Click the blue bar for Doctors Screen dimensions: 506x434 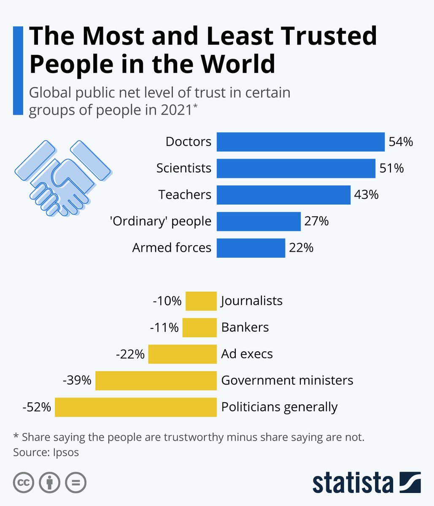(x=300, y=142)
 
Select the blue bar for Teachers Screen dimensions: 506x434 (x=283, y=195)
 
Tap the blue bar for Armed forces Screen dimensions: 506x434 (x=251, y=248)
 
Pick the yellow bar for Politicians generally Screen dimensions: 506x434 (x=135, y=407)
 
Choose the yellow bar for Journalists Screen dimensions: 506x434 (x=201, y=301)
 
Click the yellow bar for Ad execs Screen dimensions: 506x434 (x=182, y=354)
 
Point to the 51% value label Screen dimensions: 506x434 (x=391, y=168)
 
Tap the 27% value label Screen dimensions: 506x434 (x=316, y=221)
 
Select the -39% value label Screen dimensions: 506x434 (x=77, y=380)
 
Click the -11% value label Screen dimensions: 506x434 (x=164, y=327)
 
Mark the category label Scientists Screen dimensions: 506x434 (x=183, y=168)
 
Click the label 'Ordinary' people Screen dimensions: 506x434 (x=161, y=221)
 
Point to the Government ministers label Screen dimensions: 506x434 (x=287, y=380)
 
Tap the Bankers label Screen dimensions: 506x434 (x=245, y=327)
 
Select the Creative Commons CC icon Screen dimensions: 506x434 (x=24, y=482)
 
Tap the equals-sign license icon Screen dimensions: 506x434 (x=75, y=482)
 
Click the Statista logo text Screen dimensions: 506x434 (x=353, y=482)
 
